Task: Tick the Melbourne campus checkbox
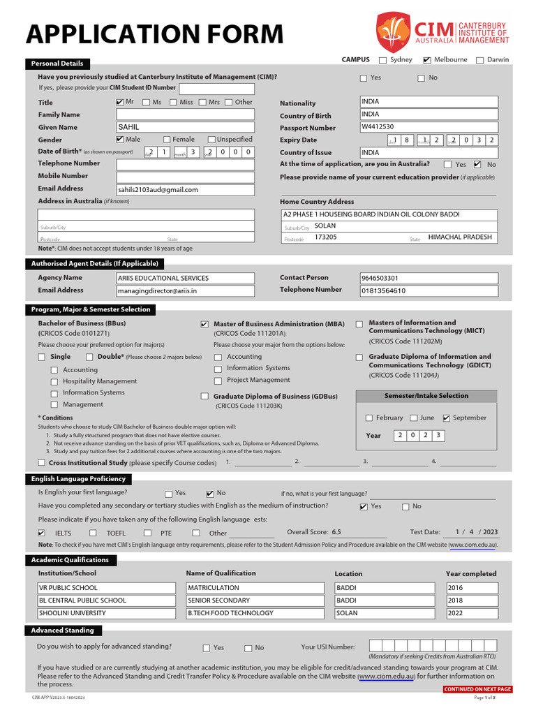tap(427, 60)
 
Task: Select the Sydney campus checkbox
tap(382, 60)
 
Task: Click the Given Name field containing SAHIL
tap(185, 127)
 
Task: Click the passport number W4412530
tap(429, 127)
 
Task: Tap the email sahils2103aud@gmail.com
tap(185, 189)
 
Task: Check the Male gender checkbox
tap(119, 140)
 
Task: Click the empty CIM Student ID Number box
tap(216, 89)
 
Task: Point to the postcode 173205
tap(325, 237)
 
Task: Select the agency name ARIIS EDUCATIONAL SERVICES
tap(185, 278)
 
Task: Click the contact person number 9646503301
tap(429, 278)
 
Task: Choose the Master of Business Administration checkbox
tap(204, 325)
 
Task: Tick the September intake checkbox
tap(447, 418)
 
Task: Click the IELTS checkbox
tap(42, 533)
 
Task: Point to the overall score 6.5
tap(336, 532)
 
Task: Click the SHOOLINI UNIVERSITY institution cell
tap(107, 613)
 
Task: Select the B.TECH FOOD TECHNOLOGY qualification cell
tap(256, 613)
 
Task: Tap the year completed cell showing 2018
tap(471, 600)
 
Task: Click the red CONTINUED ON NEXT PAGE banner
tap(477, 689)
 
